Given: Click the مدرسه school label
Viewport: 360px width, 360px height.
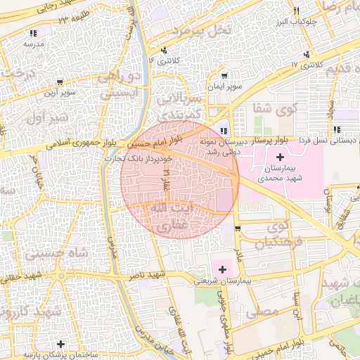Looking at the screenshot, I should coord(34,44).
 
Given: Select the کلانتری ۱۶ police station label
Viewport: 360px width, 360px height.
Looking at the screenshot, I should coord(165,61).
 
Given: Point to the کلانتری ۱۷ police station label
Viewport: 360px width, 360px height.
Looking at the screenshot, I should coord(305,65).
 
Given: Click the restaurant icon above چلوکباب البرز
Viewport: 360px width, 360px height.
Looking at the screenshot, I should coord(297,11).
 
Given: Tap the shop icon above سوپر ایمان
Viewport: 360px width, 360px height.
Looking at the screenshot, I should coord(224,76).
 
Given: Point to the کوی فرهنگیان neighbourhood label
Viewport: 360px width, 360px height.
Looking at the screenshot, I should coord(271,236).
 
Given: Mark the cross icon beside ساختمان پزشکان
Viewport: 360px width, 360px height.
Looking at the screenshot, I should coord(62,345).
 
